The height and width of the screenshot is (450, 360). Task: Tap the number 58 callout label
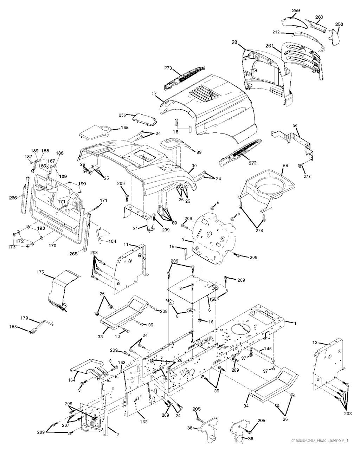(x=285, y=165)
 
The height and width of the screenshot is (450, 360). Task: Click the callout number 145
(x=268, y=348)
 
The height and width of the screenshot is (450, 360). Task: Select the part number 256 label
(x=122, y=115)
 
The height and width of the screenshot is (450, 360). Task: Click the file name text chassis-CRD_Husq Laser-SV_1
(x=320, y=440)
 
